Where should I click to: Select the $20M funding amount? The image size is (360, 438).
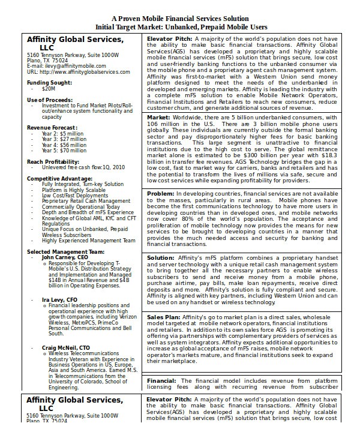pos(49,88)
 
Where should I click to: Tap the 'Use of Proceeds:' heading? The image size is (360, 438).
pos(49,99)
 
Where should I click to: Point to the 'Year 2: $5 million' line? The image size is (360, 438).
pos(63,134)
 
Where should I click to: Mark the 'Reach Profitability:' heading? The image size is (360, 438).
pos(54,162)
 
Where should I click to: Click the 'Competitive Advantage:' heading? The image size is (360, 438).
pos(59,179)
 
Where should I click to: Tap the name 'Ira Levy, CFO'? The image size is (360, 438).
pos(59,299)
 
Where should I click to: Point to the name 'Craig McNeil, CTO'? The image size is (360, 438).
pos(65,347)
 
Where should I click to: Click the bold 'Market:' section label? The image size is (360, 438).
pos(158,117)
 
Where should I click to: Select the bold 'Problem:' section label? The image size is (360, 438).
pos(161,194)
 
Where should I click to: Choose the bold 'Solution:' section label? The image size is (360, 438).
pos(161,257)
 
